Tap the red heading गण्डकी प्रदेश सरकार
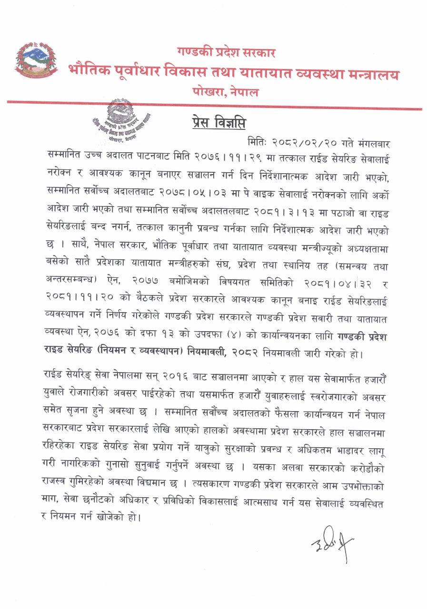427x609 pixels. [226, 52]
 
